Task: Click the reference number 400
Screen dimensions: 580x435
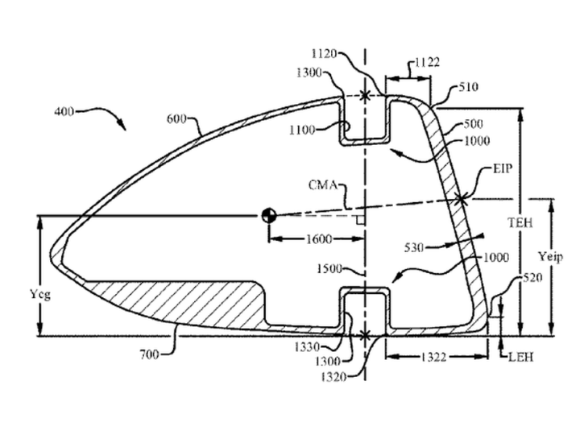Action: point(64,111)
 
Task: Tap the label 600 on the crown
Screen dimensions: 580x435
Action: point(176,119)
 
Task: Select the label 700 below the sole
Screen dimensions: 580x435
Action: point(150,354)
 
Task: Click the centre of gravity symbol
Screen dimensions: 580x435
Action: point(269,215)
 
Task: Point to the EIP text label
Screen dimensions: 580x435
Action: point(503,168)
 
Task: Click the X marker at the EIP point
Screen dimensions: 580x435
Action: point(461,200)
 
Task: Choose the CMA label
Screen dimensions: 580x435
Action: point(323,184)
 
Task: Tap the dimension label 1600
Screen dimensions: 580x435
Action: point(319,239)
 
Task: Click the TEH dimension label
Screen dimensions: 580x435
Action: point(520,222)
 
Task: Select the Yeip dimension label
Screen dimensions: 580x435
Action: point(551,257)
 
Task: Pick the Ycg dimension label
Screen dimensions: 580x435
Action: point(40,295)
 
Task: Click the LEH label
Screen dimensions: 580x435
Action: point(521,357)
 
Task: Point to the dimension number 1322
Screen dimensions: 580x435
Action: point(434,357)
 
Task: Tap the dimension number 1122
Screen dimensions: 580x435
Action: point(427,62)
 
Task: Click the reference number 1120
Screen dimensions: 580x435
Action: point(325,54)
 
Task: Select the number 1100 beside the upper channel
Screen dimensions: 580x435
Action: point(302,130)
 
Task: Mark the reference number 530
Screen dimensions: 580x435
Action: point(414,247)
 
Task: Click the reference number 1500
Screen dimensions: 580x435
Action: point(329,268)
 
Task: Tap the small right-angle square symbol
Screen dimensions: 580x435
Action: point(361,220)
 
